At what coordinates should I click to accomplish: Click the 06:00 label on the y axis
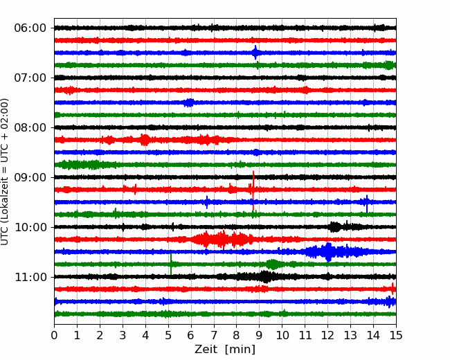point(30,28)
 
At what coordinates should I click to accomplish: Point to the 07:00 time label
point(30,78)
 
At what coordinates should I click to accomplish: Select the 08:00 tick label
point(30,127)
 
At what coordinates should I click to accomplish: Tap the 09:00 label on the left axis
point(30,177)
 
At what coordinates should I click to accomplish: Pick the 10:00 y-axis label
point(30,227)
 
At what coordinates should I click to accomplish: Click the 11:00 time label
point(30,277)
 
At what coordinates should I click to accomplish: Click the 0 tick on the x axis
point(54,335)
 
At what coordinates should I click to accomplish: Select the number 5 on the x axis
point(168,335)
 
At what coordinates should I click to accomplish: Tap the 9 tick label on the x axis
point(259,335)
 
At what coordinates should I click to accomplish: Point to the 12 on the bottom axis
point(327,335)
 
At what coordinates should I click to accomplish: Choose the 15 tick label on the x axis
point(396,335)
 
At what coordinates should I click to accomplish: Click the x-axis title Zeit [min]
point(225,350)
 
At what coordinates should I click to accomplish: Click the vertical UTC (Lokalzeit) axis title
point(5,172)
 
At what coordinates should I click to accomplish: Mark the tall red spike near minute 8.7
point(253,191)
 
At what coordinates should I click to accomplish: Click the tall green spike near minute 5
point(171,264)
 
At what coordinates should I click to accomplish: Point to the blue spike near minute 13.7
point(367,204)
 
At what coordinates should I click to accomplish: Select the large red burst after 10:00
point(222,239)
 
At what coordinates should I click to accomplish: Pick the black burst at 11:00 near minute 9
point(265,277)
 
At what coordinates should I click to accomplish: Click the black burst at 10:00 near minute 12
point(335,227)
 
